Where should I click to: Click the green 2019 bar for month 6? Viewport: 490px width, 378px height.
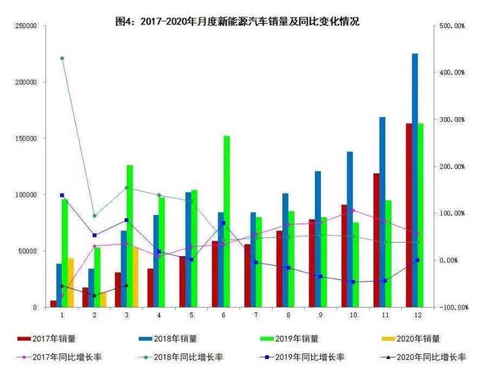[x=227, y=221]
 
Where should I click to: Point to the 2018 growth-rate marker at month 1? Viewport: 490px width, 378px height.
[x=62, y=58]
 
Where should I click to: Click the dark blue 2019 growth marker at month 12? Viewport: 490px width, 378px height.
[x=418, y=260]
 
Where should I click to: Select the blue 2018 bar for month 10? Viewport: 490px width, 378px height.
[x=350, y=229]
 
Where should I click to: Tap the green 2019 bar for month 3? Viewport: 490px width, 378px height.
[x=130, y=236]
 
